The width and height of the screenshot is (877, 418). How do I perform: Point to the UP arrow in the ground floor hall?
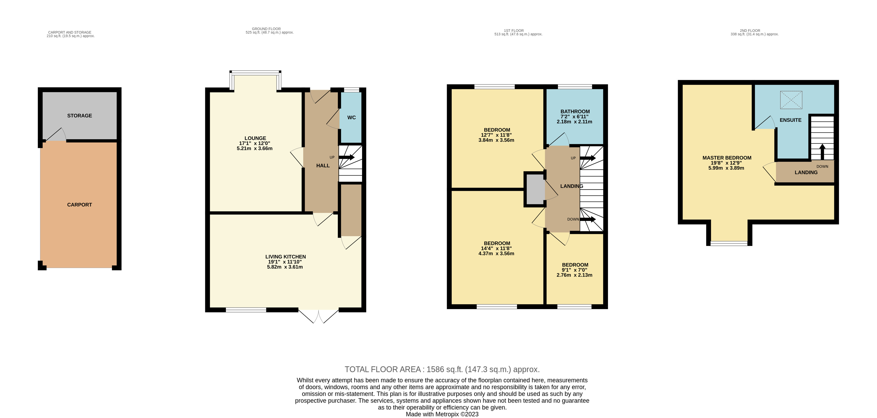[x=346, y=157]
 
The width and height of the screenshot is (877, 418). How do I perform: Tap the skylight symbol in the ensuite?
[x=791, y=100]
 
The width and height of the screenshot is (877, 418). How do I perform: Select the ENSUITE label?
[x=790, y=120]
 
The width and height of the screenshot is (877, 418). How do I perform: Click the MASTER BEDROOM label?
[x=726, y=158]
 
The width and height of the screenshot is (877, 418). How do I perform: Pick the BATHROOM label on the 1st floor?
[x=575, y=111]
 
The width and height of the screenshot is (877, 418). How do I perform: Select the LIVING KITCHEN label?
[x=285, y=257]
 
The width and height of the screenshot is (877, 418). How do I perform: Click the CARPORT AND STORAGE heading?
[x=70, y=32]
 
